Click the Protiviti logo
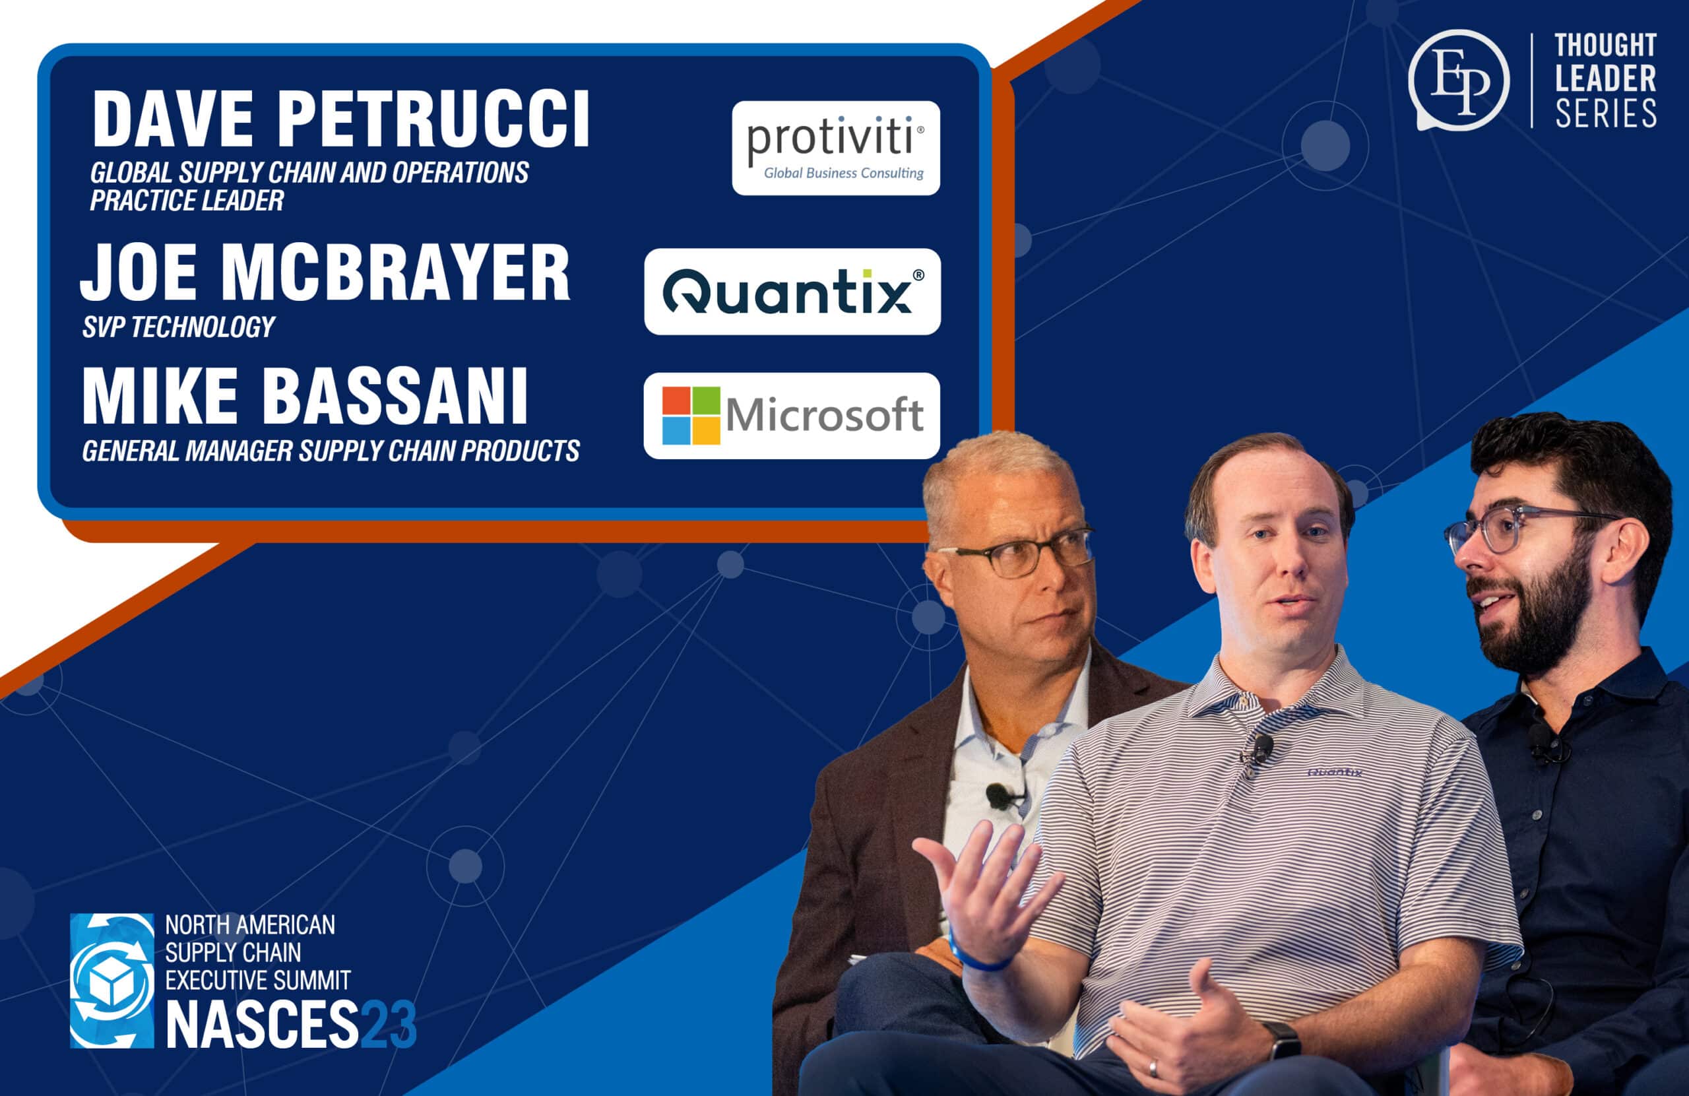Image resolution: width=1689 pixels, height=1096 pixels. tap(835, 148)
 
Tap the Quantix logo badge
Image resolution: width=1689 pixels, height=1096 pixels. tap(792, 292)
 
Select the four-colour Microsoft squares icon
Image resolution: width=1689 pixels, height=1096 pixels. tap(691, 415)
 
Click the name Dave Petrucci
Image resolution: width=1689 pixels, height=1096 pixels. tap(340, 119)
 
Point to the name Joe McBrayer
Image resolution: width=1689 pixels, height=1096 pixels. tap(325, 273)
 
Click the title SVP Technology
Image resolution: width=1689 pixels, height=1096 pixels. tap(178, 327)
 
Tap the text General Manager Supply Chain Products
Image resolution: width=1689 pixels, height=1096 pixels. tap(331, 451)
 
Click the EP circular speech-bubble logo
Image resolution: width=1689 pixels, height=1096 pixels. tap(1457, 79)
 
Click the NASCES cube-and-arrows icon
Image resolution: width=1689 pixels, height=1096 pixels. tap(112, 981)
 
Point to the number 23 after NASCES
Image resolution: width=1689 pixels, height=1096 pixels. tap(388, 1024)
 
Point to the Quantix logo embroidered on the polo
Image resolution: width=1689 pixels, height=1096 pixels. tap(1334, 771)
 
